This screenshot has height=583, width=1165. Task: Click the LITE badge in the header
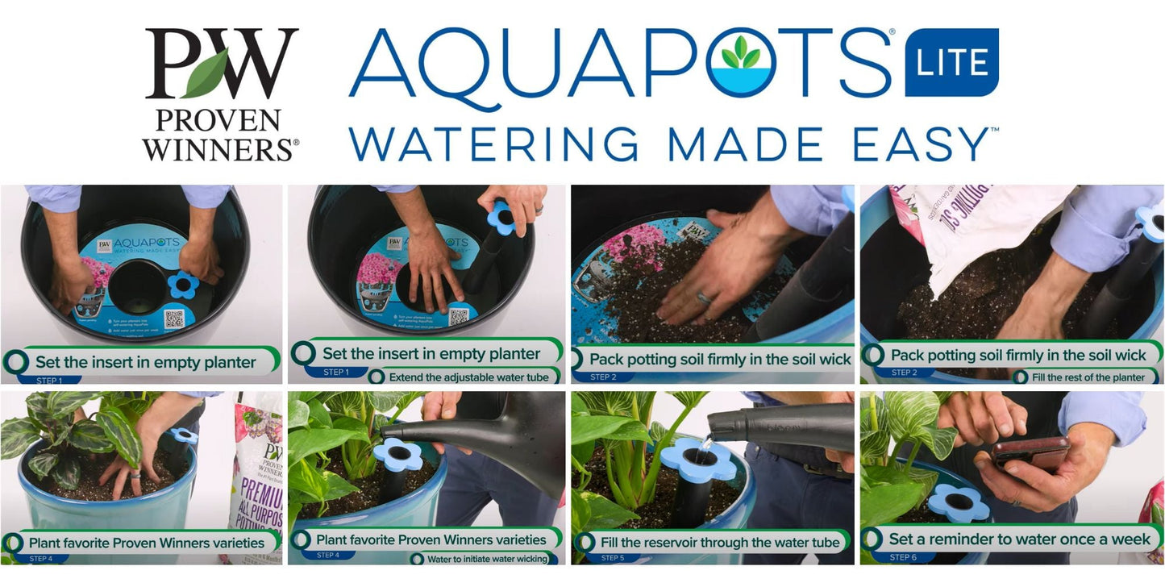pyautogui.click(x=951, y=62)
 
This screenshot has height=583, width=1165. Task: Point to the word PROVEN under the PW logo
pyautogui.click(x=218, y=121)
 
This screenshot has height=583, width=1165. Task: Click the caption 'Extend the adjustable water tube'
pyautogui.click(x=468, y=377)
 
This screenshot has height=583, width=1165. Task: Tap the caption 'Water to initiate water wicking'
pyautogui.click(x=487, y=559)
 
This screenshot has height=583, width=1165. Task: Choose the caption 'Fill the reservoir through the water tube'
pyautogui.click(x=719, y=543)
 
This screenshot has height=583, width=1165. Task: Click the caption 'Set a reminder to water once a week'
pyautogui.click(x=1019, y=539)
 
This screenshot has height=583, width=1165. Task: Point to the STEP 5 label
pyautogui.click(x=613, y=558)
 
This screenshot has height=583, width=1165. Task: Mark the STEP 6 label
pyautogui.click(x=903, y=557)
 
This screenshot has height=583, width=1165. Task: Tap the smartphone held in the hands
pyautogui.click(x=1030, y=455)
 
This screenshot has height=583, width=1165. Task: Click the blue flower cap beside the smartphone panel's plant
pyautogui.click(x=959, y=502)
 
